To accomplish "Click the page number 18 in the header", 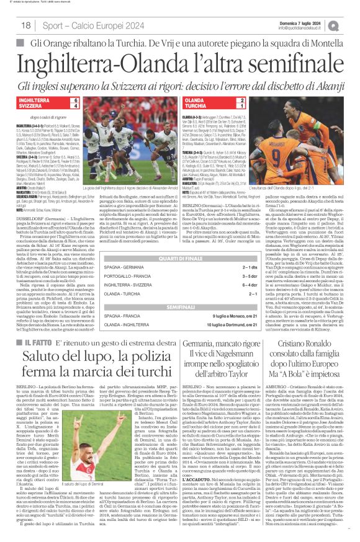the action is [26, 24].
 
